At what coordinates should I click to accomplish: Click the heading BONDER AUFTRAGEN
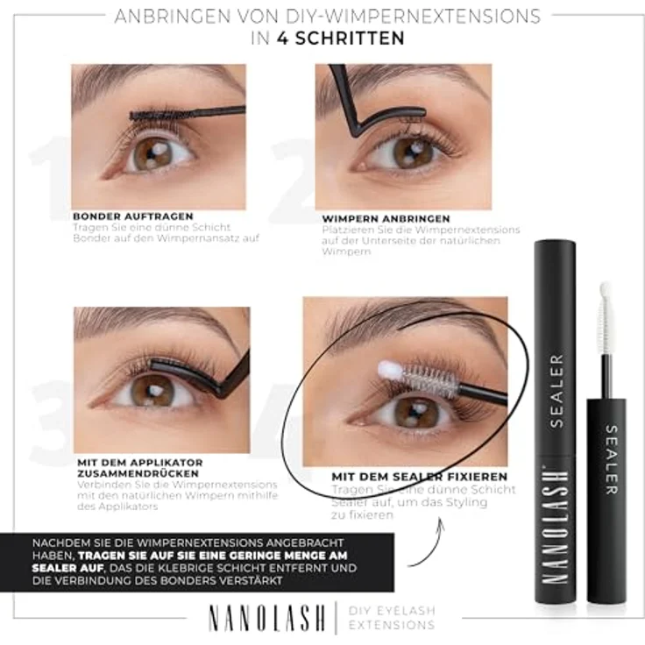coord(133,216)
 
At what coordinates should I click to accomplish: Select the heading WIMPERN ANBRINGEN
coord(386,218)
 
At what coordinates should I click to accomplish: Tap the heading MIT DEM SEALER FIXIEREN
coord(419,477)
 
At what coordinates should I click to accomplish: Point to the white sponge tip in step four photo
coord(389,372)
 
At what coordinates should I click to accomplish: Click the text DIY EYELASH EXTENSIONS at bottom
coord(392,618)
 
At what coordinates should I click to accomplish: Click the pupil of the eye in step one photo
coord(149,155)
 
